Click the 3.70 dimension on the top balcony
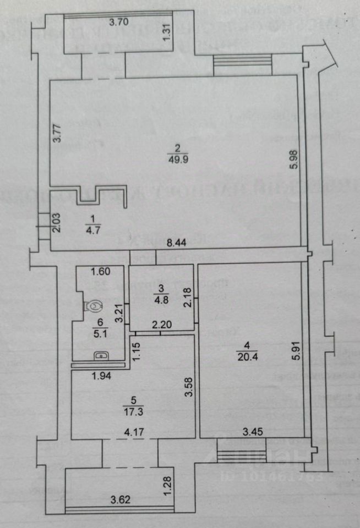[119, 23]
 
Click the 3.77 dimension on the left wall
[57, 134]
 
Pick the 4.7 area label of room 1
[90, 230]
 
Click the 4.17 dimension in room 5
[134, 432]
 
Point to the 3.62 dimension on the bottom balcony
[120, 501]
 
